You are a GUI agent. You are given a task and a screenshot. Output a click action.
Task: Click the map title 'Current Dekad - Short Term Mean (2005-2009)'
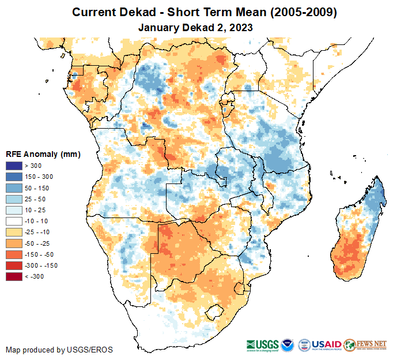196,12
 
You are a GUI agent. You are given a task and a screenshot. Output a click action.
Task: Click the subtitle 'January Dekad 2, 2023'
196,27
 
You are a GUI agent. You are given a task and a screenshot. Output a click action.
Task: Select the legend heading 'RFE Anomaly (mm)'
43,154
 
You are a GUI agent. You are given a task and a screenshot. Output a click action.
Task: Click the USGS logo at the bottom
264,344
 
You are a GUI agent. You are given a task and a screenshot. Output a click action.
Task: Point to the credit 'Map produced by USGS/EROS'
59,350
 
